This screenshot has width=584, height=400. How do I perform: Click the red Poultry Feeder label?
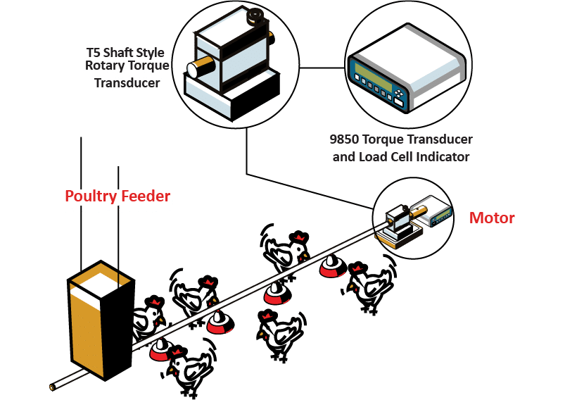(118, 196)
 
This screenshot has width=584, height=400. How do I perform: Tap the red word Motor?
(492, 218)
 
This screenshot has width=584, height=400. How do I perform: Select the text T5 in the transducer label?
(94, 53)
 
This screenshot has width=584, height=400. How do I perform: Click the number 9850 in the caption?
(345, 139)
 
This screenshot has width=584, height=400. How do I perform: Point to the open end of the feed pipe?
(53, 387)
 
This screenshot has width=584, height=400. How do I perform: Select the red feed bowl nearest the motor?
(330, 267)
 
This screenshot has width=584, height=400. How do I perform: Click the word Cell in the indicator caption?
(405, 156)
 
